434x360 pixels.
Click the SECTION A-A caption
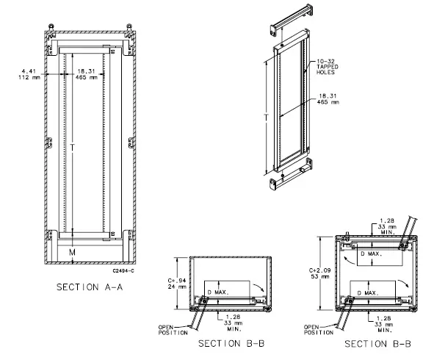pyautogui.click(x=89, y=287)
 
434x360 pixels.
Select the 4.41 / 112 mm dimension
pyautogui.click(x=29, y=76)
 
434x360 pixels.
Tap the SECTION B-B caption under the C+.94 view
pyautogui.click(x=228, y=343)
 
